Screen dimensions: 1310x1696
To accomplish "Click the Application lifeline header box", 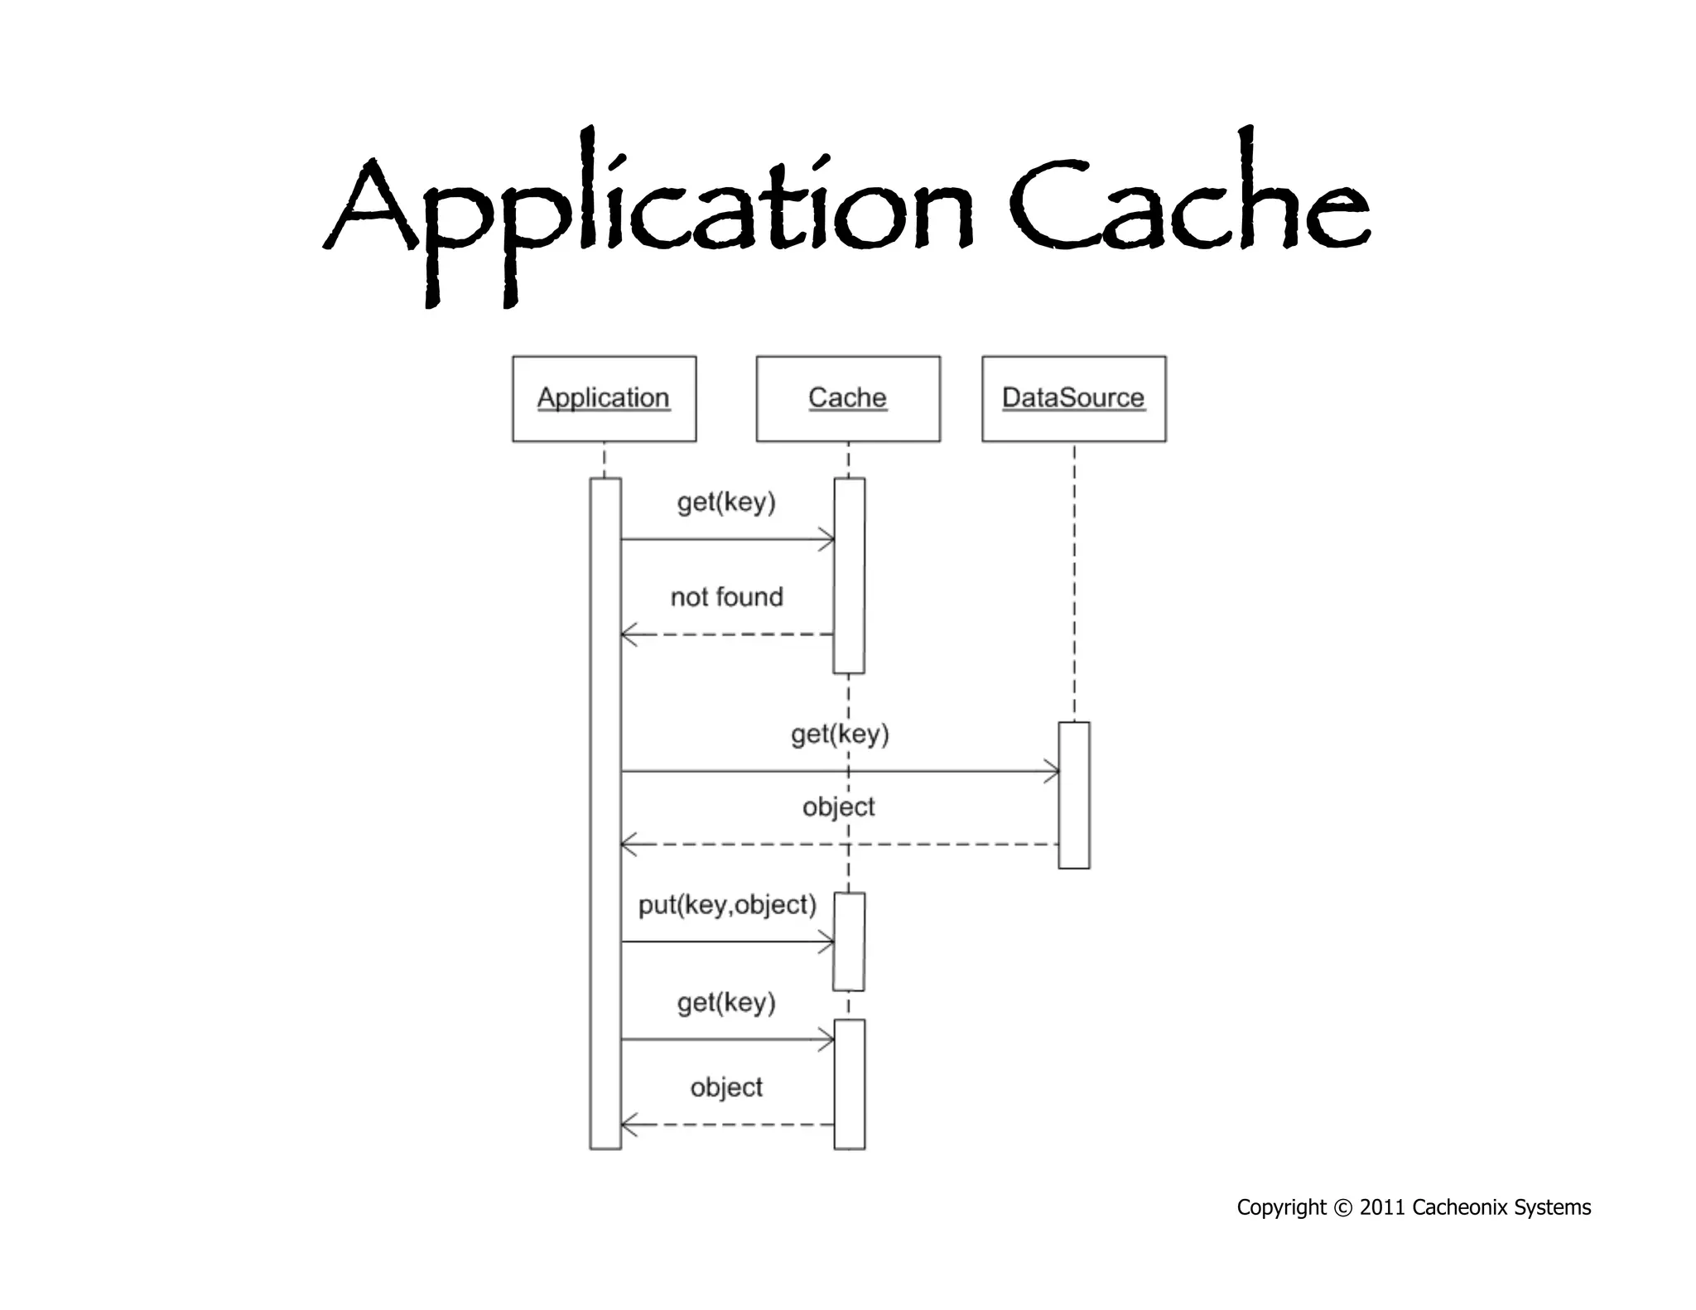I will (604, 398).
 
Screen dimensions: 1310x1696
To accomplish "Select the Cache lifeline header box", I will (847, 398).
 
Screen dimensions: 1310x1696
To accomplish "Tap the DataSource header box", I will (1073, 398).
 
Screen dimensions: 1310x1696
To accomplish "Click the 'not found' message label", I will (726, 597).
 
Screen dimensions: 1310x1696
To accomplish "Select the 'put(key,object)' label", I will (727, 905).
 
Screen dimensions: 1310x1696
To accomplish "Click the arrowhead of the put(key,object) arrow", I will (828, 942).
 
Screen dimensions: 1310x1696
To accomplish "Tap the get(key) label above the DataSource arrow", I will (840, 734).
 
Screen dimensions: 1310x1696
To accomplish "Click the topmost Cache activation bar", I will (849, 576).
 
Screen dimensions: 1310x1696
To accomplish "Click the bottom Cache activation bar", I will (849, 1085).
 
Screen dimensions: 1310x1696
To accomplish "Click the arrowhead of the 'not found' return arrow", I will (627, 635).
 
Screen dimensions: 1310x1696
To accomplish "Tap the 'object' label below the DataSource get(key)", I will (838, 807).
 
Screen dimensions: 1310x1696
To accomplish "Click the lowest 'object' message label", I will (726, 1087).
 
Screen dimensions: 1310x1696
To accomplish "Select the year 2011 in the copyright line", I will (1382, 1207).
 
